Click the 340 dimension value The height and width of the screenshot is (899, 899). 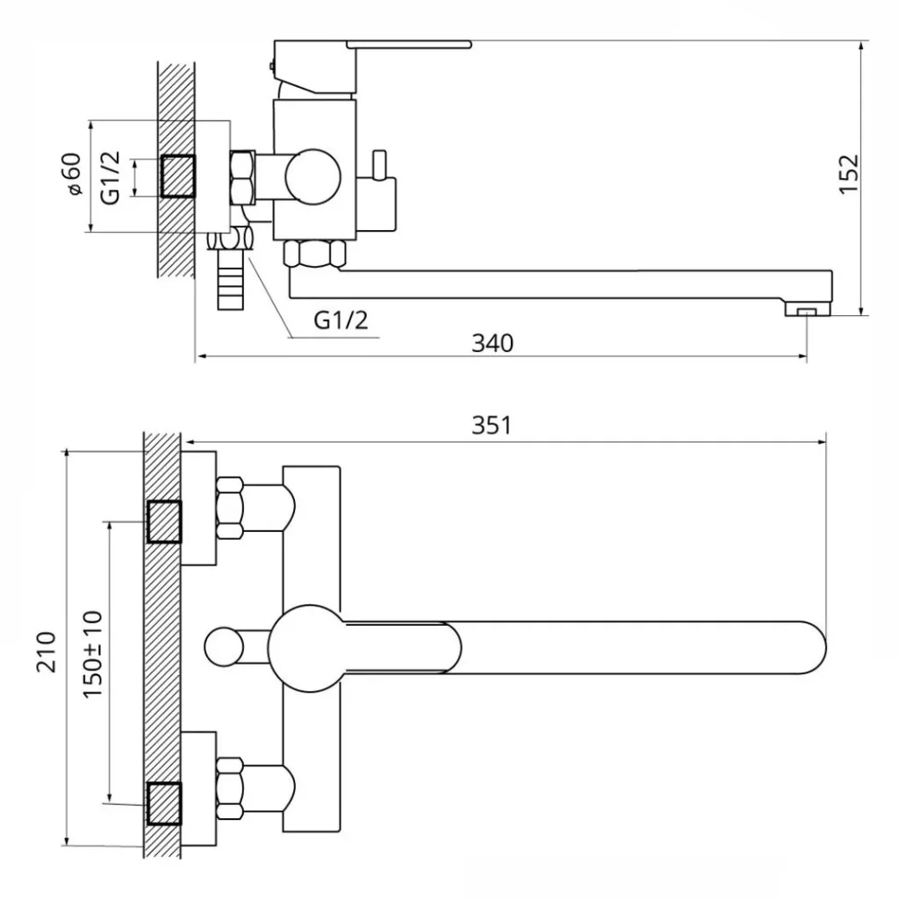coord(493,343)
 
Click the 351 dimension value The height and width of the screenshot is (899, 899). coord(492,426)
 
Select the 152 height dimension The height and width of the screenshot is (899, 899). coord(849,175)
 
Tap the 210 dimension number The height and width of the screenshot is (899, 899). coord(47,652)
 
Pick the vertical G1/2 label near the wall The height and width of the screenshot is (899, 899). coord(110,177)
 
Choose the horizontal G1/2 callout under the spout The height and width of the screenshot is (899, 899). coord(341,320)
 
